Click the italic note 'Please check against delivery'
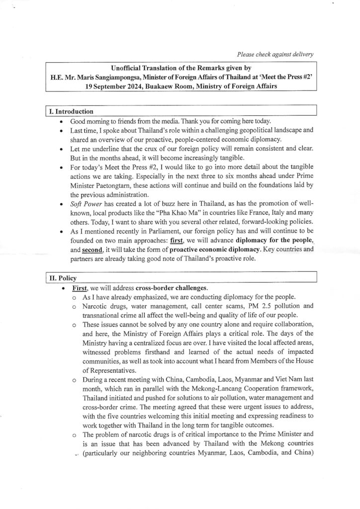[x=275, y=54]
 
